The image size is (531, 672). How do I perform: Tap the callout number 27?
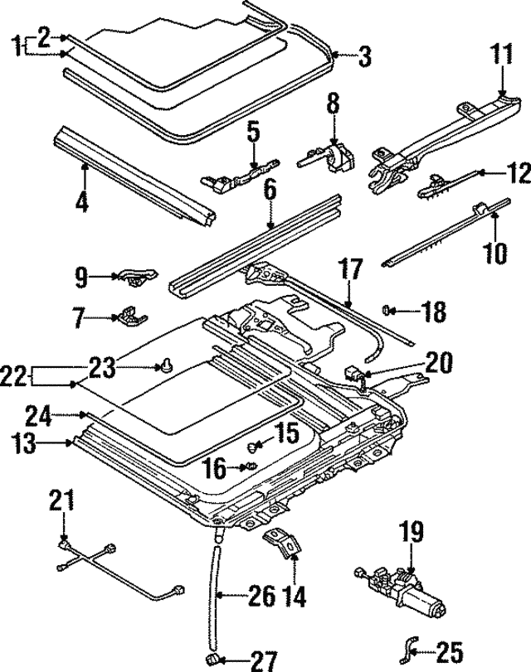[264, 660]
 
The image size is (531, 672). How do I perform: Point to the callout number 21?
[61, 501]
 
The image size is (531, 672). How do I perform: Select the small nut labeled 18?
[387, 311]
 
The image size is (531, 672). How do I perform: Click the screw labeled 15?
[253, 446]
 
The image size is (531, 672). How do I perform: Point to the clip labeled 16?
[248, 468]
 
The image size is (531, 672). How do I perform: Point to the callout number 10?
[494, 251]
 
